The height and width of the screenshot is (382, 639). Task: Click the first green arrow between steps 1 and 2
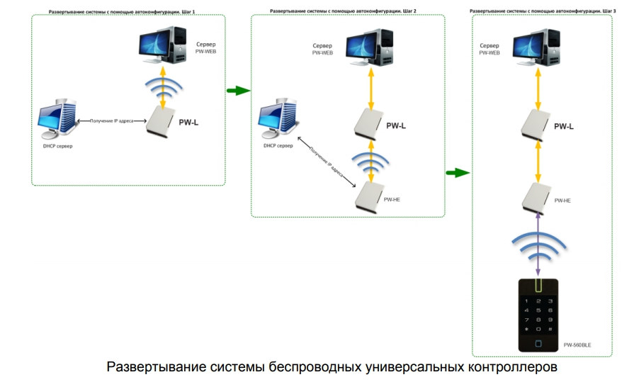[x=238, y=91]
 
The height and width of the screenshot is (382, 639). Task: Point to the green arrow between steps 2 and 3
[x=458, y=172]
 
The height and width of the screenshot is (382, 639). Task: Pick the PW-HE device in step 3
[x=536, y=196]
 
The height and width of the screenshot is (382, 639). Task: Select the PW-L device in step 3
[x=536, y=124]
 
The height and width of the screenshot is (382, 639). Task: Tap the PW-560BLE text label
[x=577, y=345]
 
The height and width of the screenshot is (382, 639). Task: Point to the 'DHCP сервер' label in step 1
[x=58, y=146]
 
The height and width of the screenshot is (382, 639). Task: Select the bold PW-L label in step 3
[x=564, y=127]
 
